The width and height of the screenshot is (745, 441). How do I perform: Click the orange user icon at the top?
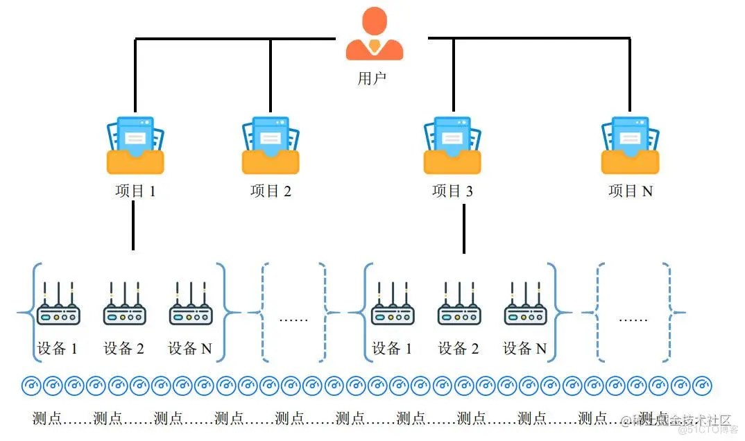375,35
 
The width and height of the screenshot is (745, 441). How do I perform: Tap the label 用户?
372,78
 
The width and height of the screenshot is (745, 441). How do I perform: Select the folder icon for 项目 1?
135,146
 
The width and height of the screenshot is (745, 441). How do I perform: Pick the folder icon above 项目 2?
271,146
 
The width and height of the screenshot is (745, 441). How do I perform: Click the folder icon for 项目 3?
452,146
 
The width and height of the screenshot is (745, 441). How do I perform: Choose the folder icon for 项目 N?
630,146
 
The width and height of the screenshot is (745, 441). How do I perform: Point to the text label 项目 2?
271,191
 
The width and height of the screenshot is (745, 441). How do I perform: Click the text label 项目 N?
630,191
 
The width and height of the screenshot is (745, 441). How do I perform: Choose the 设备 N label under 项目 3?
524,349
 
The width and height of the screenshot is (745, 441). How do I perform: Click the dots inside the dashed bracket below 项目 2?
293,320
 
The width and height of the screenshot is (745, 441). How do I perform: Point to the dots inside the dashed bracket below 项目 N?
633,320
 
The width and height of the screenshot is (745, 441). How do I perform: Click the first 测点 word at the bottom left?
47,418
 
